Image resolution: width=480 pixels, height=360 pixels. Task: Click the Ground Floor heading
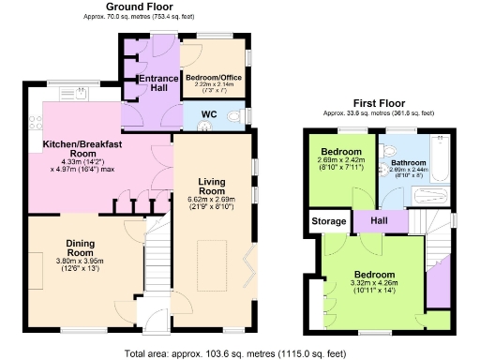pyautogui.click(x=145, y=7)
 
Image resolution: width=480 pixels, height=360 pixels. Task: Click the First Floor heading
pyautogui.click(x=382, y=103)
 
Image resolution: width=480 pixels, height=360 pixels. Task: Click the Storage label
pyautogui.click(x=326, y=223)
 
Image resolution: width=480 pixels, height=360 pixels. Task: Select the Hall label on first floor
pyautogui.click(x=380, y=219)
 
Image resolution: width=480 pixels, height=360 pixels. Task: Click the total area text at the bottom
pyautogui.click(x=239, y=352)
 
